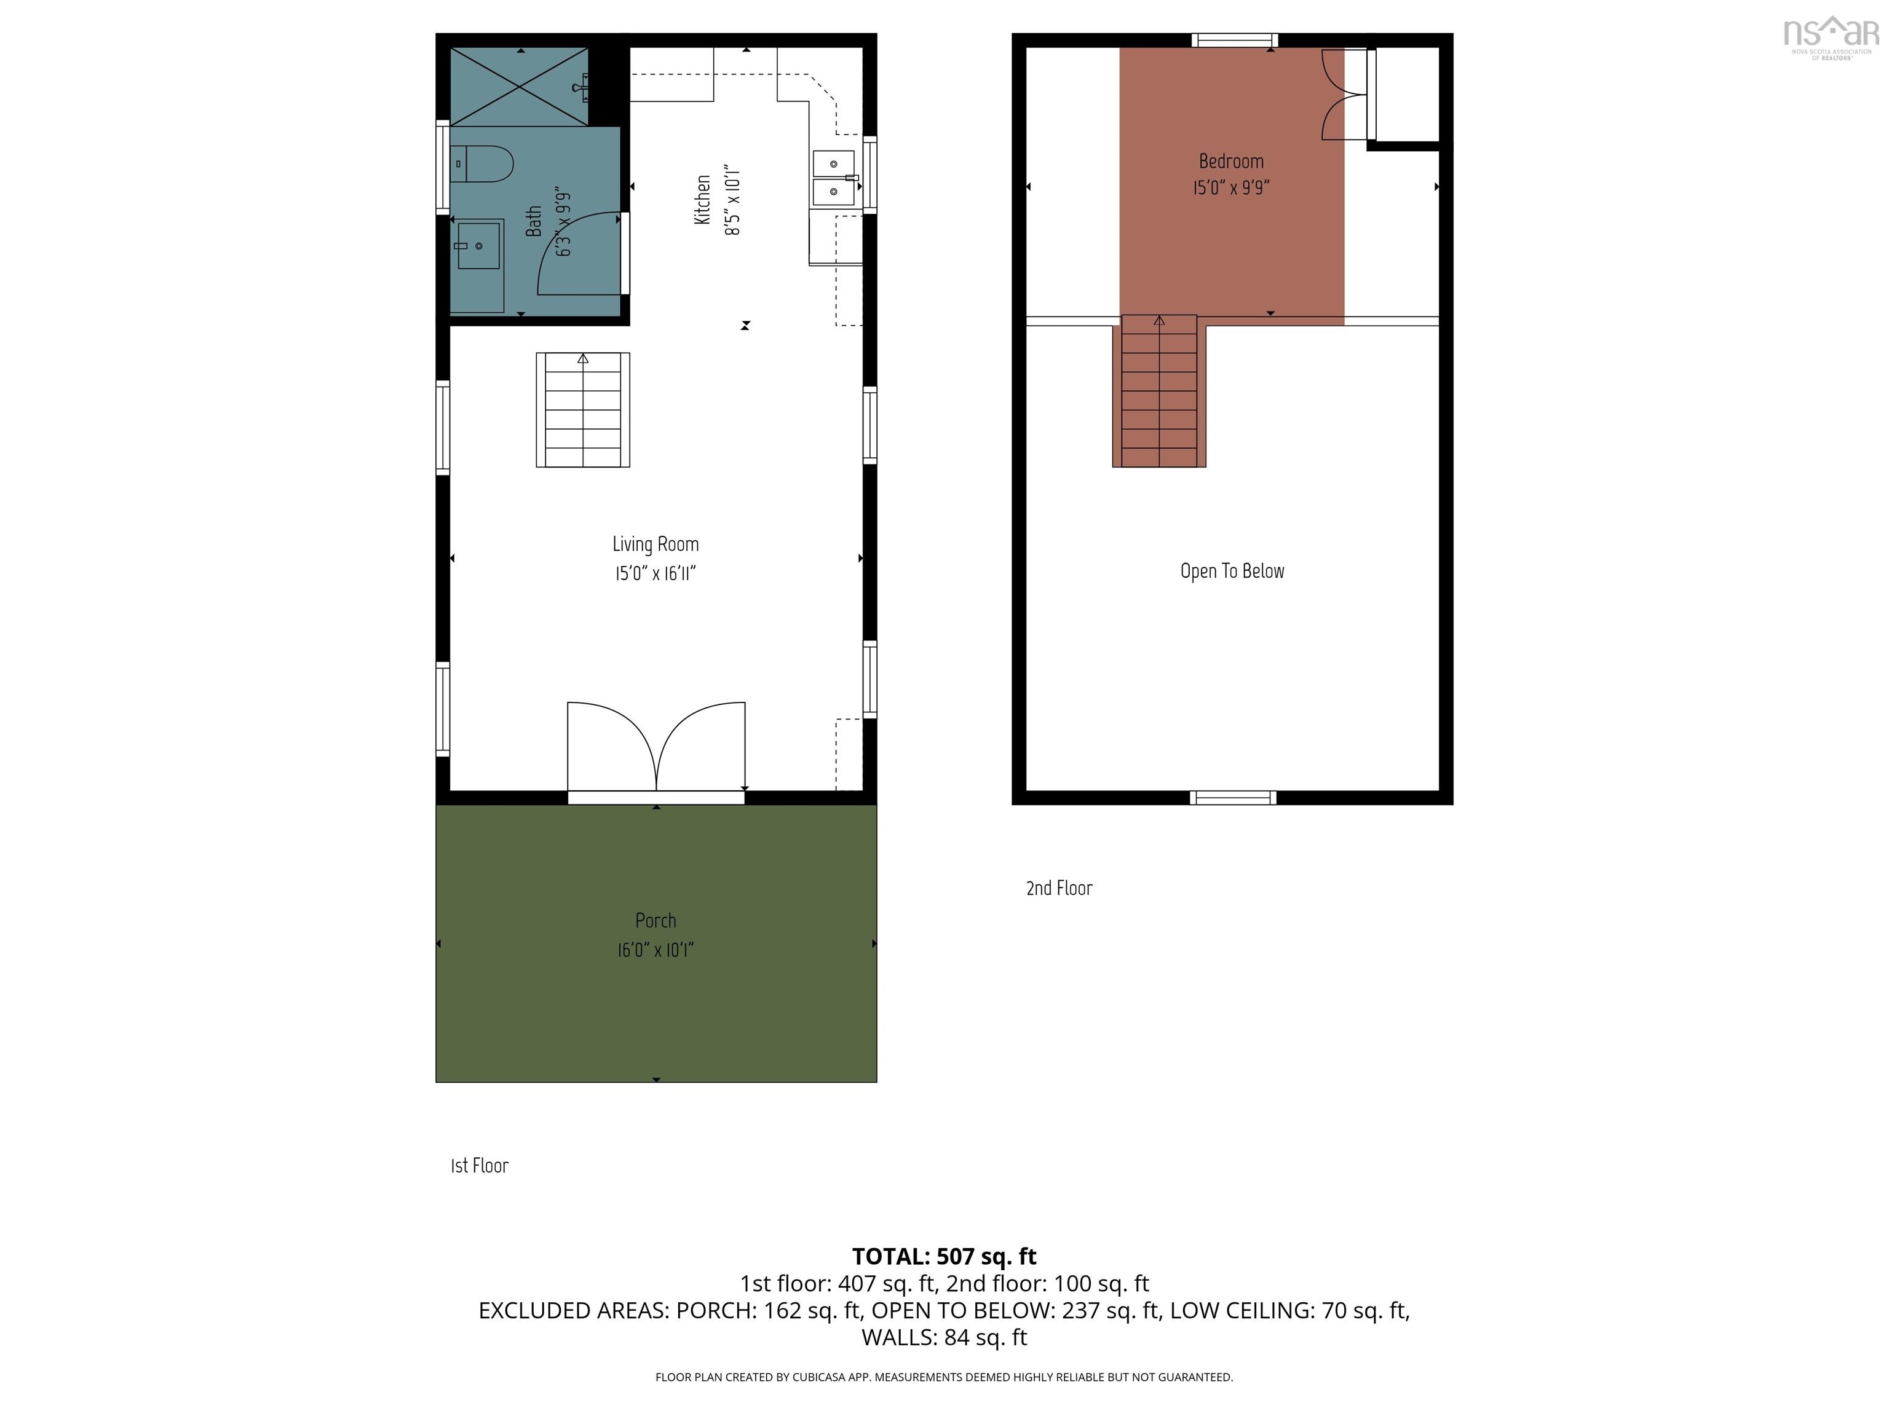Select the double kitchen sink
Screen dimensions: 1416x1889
point(833,178)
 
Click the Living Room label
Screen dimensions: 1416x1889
point(655,545)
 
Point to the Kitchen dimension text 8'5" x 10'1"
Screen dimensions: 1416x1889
point(732,200)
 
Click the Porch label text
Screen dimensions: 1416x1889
point(655,920)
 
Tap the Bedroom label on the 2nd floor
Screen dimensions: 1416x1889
point(1230,161)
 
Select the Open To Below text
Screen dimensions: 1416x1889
point(1232,571)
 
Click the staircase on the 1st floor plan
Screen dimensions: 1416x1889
point(582,410)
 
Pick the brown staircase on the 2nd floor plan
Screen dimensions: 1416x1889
point(1159,393)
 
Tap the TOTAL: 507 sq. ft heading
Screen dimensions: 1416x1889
point(944,1256)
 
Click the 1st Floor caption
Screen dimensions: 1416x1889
point(479,1166)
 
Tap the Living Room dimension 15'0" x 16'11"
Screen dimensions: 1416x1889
point(655,573)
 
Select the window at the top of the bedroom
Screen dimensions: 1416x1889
point(1234,40)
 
